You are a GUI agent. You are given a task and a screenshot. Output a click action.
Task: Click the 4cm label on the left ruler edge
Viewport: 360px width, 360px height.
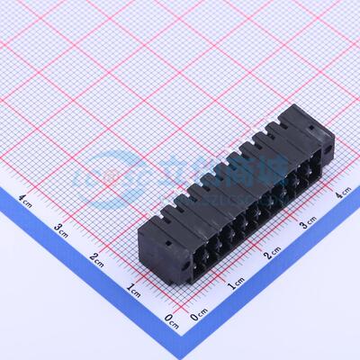26,199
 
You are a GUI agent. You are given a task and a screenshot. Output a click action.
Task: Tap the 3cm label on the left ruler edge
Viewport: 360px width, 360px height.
61,229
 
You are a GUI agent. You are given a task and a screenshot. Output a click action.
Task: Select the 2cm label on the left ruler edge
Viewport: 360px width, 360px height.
97,259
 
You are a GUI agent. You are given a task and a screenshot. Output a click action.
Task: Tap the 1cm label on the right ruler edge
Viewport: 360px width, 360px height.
237,285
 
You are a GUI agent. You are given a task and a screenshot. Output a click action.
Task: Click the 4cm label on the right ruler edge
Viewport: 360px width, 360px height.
343,192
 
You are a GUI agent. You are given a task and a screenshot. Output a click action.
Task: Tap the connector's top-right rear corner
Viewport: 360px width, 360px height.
298,105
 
